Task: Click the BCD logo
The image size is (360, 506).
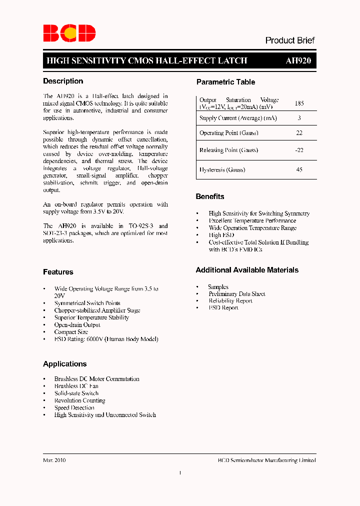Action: pos(69,33)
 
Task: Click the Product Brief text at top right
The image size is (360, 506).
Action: pos(289,40)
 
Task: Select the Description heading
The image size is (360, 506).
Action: pos(63,81)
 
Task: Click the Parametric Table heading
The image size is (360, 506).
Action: pos(225,82)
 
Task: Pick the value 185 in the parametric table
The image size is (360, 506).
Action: pos(299,103)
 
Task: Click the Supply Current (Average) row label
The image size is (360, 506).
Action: pos(238,118)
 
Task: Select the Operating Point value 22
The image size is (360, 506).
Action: pos(299,133)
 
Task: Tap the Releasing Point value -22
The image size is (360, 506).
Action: pos(299,150)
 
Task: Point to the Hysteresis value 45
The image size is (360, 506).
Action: pos(299,169)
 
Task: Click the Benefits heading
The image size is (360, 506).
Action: pos(210,196)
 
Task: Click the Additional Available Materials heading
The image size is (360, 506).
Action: pos(247,270)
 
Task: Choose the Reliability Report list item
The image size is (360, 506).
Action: pos(230,301)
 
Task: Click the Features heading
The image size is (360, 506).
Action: pos(58,272)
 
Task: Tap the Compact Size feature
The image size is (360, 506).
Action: pos(71,332)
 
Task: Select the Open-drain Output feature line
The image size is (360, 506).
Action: pos(77,325)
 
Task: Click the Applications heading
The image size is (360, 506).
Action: pos(64,364)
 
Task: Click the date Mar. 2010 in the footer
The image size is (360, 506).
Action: pos(54,460)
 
